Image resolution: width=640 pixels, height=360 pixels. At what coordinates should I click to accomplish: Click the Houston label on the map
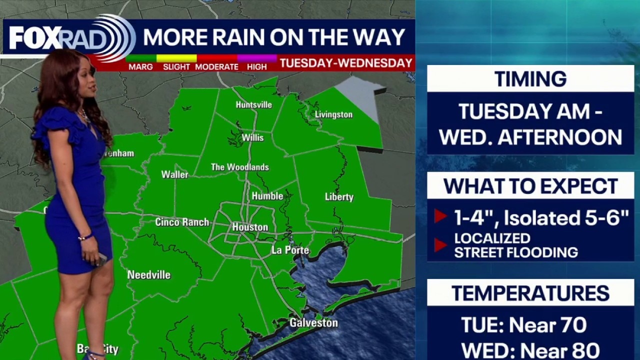[x=250, y=227]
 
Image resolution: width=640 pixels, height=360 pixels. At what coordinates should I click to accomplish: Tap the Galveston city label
[x=313, y=323]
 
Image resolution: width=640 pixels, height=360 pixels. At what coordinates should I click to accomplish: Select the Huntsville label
[x=254, y=104]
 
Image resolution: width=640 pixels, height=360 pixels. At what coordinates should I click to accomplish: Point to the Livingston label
[x=333, y=114]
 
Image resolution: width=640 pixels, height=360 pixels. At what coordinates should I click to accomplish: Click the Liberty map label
[x=339, y=197]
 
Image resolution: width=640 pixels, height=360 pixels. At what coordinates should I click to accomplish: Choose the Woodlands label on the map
[x=240, y=167]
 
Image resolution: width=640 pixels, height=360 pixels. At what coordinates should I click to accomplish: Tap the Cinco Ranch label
[x=182, y=222]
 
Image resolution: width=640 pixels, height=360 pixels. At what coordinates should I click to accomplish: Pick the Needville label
[x=148, y=274]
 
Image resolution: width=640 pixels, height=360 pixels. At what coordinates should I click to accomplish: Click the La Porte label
[x=290, y=250]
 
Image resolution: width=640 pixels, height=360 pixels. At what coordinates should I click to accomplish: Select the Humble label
[x=267, y=196]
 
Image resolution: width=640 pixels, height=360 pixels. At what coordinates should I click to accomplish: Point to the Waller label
[x=174, y=174]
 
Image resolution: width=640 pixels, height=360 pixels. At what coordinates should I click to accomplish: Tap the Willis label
[x=252, y=137]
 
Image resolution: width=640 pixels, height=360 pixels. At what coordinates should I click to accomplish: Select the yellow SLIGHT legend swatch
[x=176, y=58]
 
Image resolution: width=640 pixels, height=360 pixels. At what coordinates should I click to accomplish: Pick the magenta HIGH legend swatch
[x=257, y=58]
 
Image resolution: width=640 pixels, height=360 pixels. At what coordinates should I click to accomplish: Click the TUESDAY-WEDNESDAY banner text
[x=346, y=63]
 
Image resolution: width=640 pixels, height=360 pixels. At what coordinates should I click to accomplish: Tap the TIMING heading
[x=530, y=79]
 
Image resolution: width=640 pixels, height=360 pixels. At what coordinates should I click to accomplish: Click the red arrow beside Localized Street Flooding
[x=440, y=245]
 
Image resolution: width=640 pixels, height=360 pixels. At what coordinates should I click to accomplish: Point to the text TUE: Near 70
[x=523, y=325]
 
